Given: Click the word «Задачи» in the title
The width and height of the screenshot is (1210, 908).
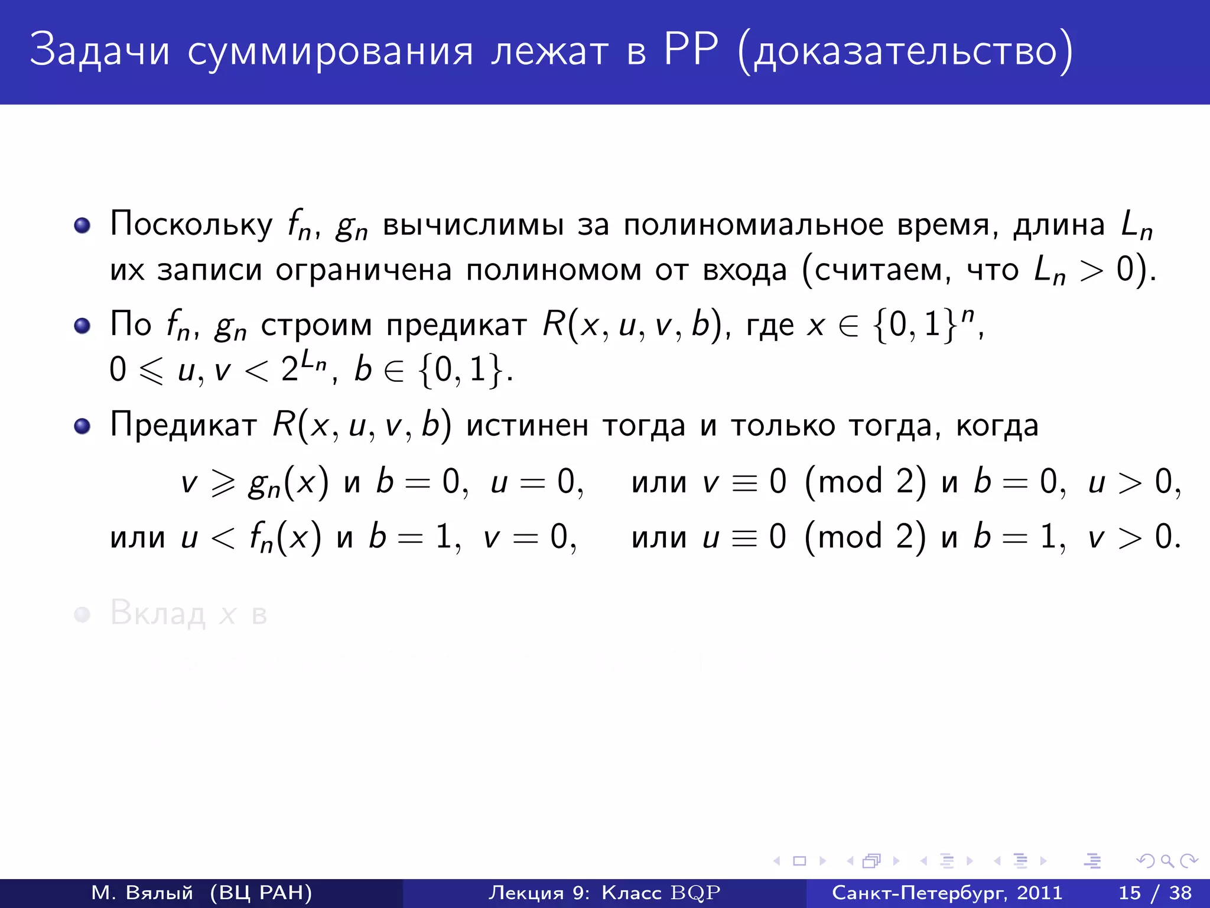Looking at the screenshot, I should [99, 50].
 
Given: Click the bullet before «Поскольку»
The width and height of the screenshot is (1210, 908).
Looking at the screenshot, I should [82, 225].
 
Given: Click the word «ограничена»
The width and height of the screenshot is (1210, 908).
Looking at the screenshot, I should [363, 270].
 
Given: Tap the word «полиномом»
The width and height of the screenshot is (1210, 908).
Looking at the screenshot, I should [554, 270].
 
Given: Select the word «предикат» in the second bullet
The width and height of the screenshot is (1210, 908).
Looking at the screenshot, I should [456, 325].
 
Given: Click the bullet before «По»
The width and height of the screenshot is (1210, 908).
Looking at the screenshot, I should [82, 326].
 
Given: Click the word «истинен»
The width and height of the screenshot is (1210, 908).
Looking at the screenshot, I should [527, 426].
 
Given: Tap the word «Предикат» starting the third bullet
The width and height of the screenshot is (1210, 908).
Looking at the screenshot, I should [183, 426].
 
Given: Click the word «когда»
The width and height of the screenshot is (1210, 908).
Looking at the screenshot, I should [997, 426].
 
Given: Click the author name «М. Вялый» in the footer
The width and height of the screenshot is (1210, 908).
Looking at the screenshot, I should [142, 893].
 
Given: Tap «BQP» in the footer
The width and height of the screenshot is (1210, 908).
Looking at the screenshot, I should [695, 893].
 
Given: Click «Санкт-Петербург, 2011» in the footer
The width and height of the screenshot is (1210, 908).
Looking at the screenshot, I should [947, 893].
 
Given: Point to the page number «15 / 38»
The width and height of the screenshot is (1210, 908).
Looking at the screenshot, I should [1155, 893].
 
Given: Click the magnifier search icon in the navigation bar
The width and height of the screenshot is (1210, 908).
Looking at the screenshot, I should [1167, 861].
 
